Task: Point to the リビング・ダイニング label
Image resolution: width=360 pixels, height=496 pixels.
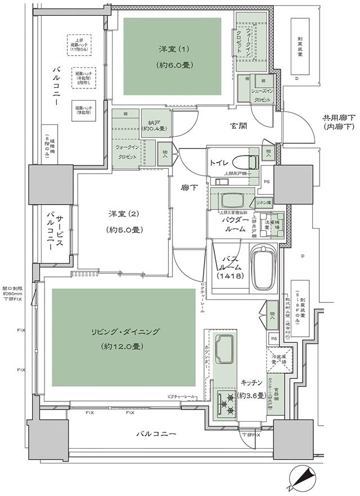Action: click(124, 332)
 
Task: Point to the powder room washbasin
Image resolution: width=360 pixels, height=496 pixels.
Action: click(231, 199)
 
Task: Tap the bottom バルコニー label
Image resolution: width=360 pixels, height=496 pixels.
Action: click(156, 435)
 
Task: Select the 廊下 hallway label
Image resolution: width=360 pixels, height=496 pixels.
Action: click(189, 187)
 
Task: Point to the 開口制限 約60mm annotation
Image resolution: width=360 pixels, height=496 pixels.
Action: click(12, 289)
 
